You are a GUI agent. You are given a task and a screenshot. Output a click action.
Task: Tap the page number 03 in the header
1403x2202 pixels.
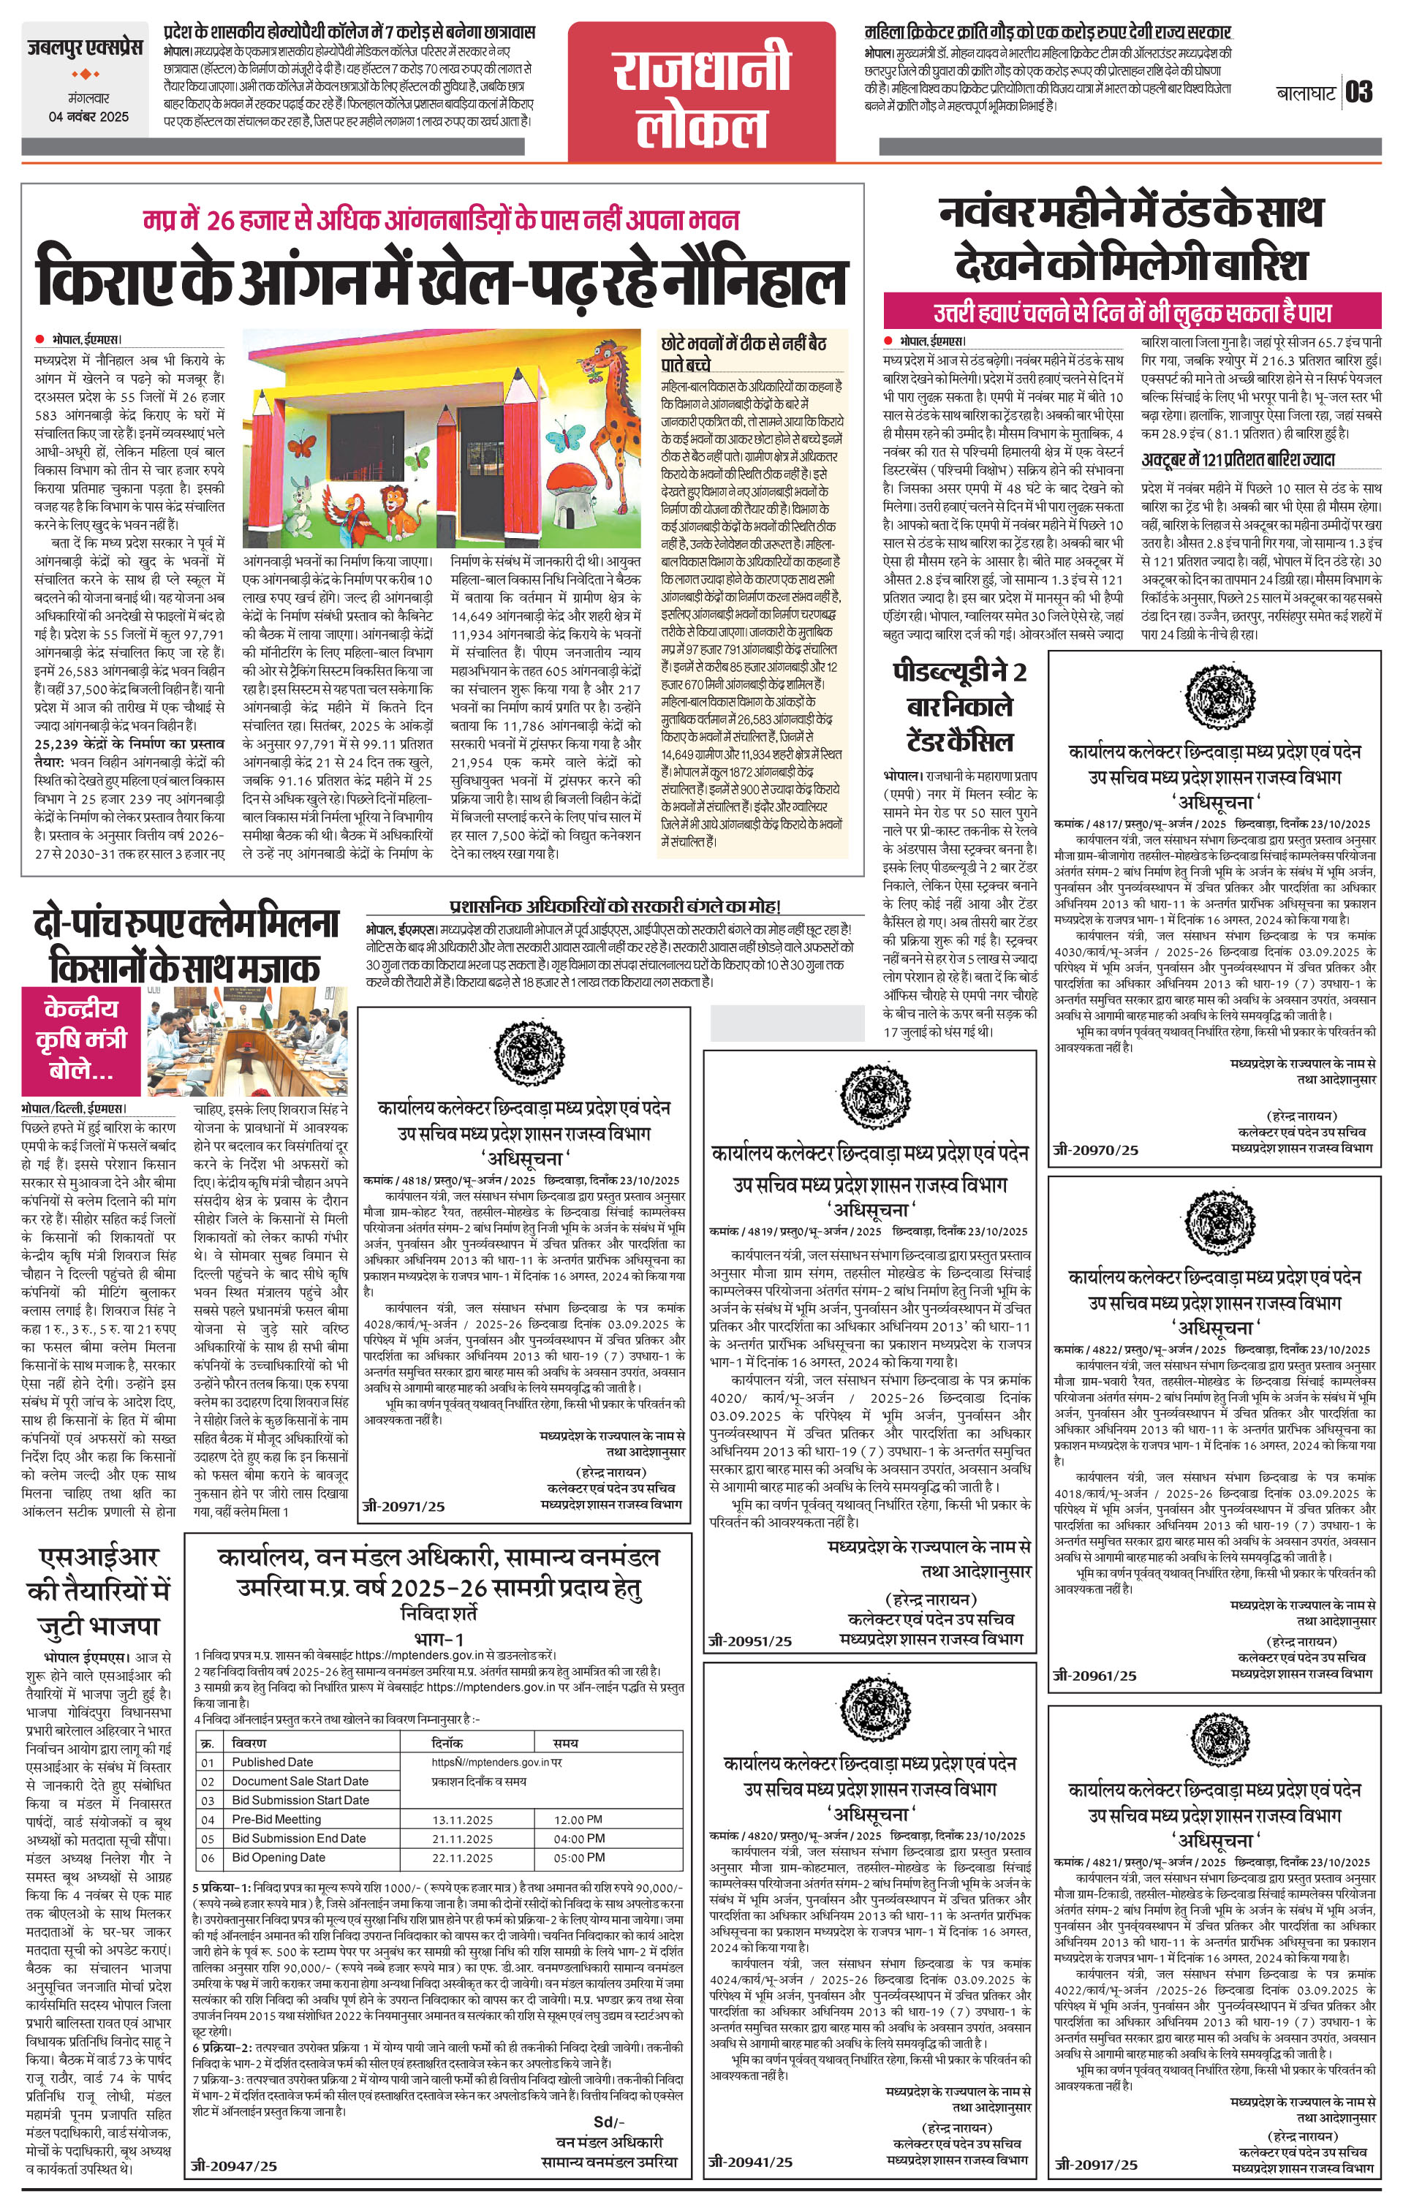(1359, 92)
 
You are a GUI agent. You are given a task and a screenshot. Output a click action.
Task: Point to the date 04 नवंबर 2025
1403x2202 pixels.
(88, 117)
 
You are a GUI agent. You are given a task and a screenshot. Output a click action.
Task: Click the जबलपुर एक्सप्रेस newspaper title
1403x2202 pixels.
(84, 47)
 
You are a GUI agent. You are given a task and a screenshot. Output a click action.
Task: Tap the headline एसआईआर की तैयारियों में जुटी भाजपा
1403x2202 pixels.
(99, 1590)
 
